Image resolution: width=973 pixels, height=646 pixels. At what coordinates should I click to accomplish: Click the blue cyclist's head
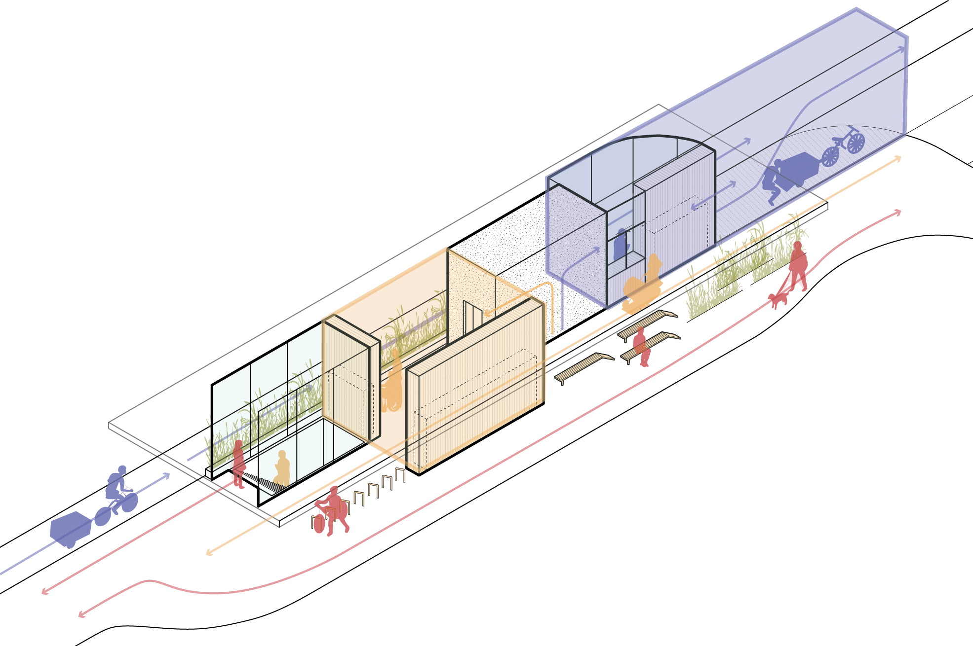pos(122,469)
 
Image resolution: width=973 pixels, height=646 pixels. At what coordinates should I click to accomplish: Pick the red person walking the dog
pos(797,266)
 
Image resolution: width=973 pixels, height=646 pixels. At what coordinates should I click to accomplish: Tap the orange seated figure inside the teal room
pos(282,468)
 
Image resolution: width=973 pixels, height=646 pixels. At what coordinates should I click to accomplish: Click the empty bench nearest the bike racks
pos(584,367)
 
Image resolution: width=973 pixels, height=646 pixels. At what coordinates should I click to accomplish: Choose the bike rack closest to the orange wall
pos(400,474)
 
